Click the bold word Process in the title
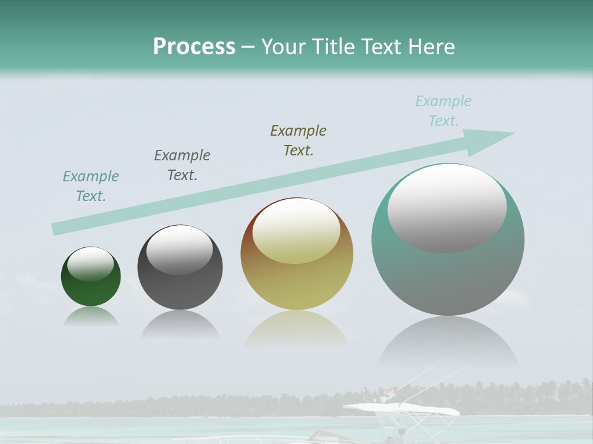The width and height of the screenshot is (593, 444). pyautogui.click(x=194, y=46)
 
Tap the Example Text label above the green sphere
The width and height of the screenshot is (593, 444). pyautogui.click(x=91, y=186)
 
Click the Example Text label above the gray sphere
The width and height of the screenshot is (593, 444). pyautogui.click(x=182, y=165)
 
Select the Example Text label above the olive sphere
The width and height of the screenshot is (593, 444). pyautogui.click(x=298, y=141)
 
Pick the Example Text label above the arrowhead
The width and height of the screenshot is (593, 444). pyautogui.click(x=444, y=111)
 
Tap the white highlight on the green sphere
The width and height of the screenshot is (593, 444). pyautogui.click(x=91, y=264)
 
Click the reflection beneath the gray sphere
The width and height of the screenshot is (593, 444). pyautogui.click(x=180, y=324)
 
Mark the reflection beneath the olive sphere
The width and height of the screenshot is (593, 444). pyautogui.click(x=296, y=330)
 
